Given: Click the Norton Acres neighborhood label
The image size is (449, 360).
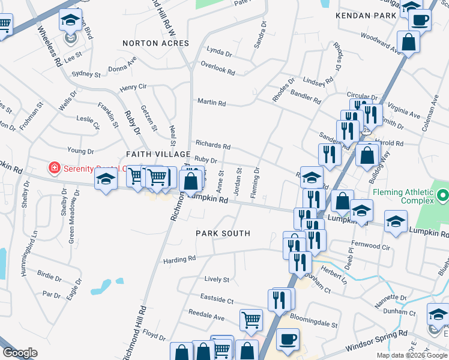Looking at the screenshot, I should tap(155, 43).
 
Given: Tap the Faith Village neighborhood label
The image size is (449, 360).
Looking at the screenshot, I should tap(151, 154).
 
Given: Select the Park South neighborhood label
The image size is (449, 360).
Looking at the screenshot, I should tap(223, 233).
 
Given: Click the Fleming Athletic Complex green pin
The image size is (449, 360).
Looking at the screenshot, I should tap(443, 195).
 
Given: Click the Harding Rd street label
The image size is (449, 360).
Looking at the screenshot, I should tap(179, 259).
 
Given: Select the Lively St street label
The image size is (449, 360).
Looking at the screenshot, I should tap(217, 280).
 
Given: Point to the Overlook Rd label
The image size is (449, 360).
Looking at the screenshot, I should tap(218, 70).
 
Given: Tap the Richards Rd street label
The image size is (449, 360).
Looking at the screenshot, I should tap(213, 145).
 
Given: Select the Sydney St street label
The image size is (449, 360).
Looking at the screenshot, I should tap(86, 74).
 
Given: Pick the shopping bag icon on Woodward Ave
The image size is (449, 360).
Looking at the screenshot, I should tap(408, 42).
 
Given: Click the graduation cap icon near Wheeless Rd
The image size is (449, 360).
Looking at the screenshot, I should tap(70, 21).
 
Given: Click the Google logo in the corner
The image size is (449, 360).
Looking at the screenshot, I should tap(20, 353).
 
